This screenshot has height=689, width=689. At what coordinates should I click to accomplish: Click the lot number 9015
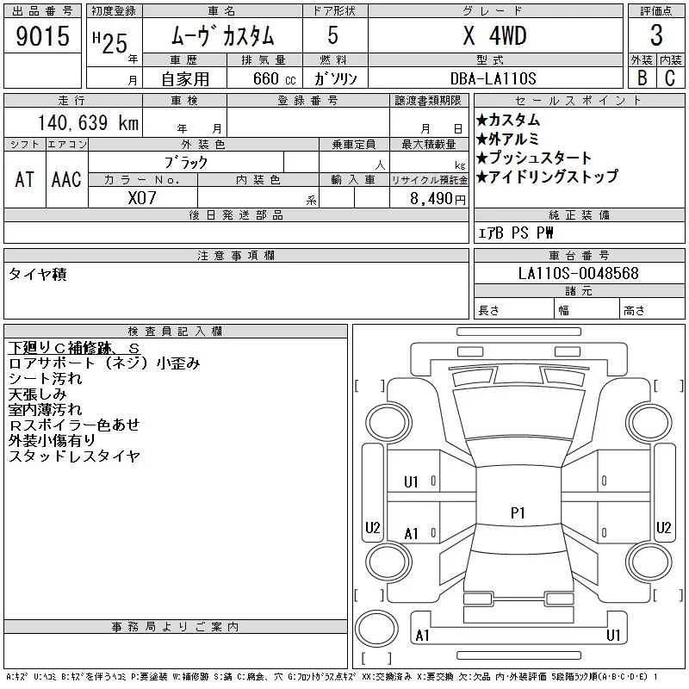tap(42, 36)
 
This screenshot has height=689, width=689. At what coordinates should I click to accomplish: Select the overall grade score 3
tap(656, 35)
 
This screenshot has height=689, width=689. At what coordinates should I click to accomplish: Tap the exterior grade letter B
tap(642, 78)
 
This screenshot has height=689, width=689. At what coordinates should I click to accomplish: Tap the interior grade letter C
tap(670, 78)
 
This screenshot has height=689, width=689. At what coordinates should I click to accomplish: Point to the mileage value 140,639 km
tap(89, 122)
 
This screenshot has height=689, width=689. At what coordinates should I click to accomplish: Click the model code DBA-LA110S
tap(493, 78)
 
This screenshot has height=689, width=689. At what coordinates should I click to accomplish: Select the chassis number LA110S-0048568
tap(578, 273)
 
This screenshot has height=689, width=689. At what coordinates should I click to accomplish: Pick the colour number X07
tap(142, 198)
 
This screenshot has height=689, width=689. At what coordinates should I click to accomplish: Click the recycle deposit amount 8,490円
tap(438, 199)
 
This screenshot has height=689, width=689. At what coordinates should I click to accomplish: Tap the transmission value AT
tap(25, 179)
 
